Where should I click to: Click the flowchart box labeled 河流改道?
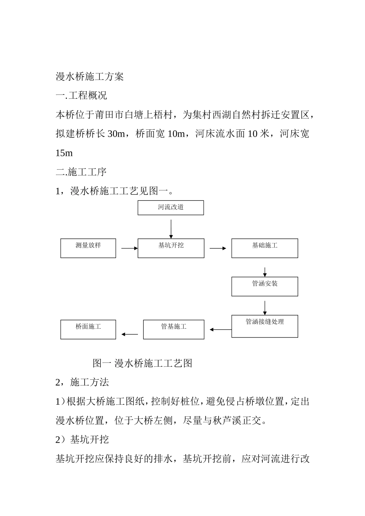[171, 208]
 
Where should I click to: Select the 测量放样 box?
[88, 248]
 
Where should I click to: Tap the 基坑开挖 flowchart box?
[171, 248]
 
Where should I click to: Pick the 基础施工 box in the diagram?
[264, 248]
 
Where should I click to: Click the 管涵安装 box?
[264, 286]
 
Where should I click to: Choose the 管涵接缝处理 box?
[264, 326]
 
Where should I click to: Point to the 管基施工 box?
[174, 329]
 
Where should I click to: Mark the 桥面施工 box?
[88, 329]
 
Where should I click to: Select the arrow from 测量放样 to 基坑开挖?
[129, 248]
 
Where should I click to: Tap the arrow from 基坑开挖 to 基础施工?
[218, 248]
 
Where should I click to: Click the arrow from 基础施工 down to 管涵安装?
[265, 271]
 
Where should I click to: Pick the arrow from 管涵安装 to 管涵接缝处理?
[265, 308]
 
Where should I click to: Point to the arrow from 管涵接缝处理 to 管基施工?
[221, 329]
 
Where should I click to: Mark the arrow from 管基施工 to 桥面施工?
[129, 334]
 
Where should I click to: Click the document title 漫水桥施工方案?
[90, 76]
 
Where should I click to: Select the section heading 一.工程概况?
[81, 95]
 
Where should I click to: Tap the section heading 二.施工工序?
[81, 172]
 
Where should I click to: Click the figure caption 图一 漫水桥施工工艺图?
[142, 363]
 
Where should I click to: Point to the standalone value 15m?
[64, 153]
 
